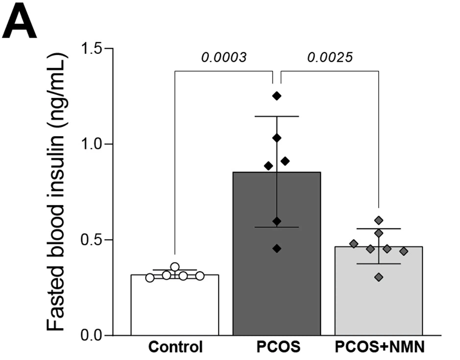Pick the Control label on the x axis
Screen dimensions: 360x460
point(175,348)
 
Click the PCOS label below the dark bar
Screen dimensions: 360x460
point(276,348)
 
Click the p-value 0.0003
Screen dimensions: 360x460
point(224,57)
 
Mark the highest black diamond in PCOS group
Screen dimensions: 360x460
point(277,96)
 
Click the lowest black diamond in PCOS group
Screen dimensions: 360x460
point(277,248)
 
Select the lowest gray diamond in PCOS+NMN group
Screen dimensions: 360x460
point(379,277)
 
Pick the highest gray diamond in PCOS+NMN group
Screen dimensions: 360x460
point(379,220)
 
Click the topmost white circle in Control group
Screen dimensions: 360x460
point(175,267)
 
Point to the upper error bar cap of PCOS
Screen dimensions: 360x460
point(277,116)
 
